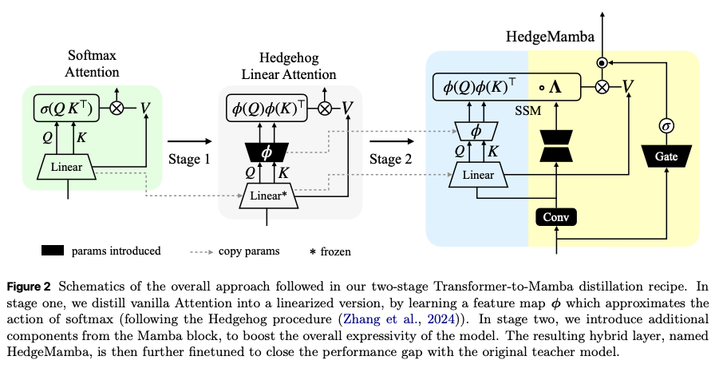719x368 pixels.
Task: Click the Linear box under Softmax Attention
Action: tap(67, 167)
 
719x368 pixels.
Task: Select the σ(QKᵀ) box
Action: tap(67, 109)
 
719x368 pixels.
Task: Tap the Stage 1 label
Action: tap(189, 159)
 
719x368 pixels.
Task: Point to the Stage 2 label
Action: tap(391, 159)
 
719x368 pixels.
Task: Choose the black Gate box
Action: tap(666, 157)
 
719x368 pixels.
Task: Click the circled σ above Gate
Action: tap(666, 125)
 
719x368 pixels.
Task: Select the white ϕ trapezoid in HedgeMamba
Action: tap(477, 130)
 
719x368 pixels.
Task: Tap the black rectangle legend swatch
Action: tap(61, 251)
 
